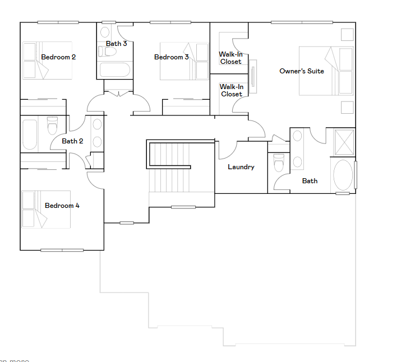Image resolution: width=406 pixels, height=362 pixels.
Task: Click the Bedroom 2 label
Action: click(58, 57)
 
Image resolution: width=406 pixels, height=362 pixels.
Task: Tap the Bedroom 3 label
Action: click(171, 57)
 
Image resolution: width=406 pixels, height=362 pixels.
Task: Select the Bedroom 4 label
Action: click(62, 206)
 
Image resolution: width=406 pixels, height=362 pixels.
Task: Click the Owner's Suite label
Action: click(302, 71)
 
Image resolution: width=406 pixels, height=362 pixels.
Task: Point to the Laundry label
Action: click(241, 167)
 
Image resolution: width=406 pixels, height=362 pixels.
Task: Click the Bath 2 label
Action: click(72, 141)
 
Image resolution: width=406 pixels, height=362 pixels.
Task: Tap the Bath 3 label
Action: click(116, 43)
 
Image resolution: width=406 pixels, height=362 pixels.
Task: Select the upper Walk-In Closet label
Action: click(231, 58)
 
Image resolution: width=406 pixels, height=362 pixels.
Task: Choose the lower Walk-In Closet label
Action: click(231, 90)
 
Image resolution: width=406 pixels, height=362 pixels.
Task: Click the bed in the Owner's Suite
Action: click(326, 71)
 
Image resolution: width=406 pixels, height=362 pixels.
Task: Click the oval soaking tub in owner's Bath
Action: click(343, 175)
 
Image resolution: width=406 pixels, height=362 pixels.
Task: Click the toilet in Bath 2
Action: click(53, 126)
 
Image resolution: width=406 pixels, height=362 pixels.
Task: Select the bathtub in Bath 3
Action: click(114, 70)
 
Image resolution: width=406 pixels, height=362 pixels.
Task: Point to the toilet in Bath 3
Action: click(108, 51)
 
